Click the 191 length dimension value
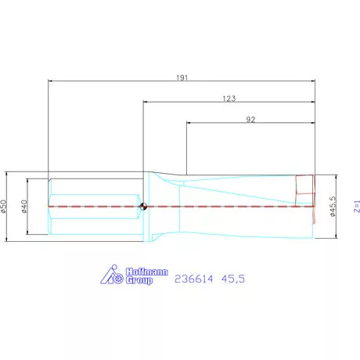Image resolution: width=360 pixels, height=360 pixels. click(x=183, y=77)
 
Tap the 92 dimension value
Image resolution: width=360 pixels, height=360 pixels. click(x=251, y=120)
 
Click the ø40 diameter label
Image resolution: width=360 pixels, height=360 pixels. click(x=25, y=207)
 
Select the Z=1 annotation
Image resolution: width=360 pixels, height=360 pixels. click(x=356, y=207)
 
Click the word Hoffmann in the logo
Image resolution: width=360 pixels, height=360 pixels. click(x=145, y=272)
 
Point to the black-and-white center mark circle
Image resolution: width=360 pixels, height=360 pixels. click(x=144, y=207)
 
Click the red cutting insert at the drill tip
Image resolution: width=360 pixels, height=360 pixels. click(x=304, y=191)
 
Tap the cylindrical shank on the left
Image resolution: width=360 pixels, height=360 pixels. click(x=94, y=207)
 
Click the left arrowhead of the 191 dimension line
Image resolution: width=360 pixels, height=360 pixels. click(x=51, y=80)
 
